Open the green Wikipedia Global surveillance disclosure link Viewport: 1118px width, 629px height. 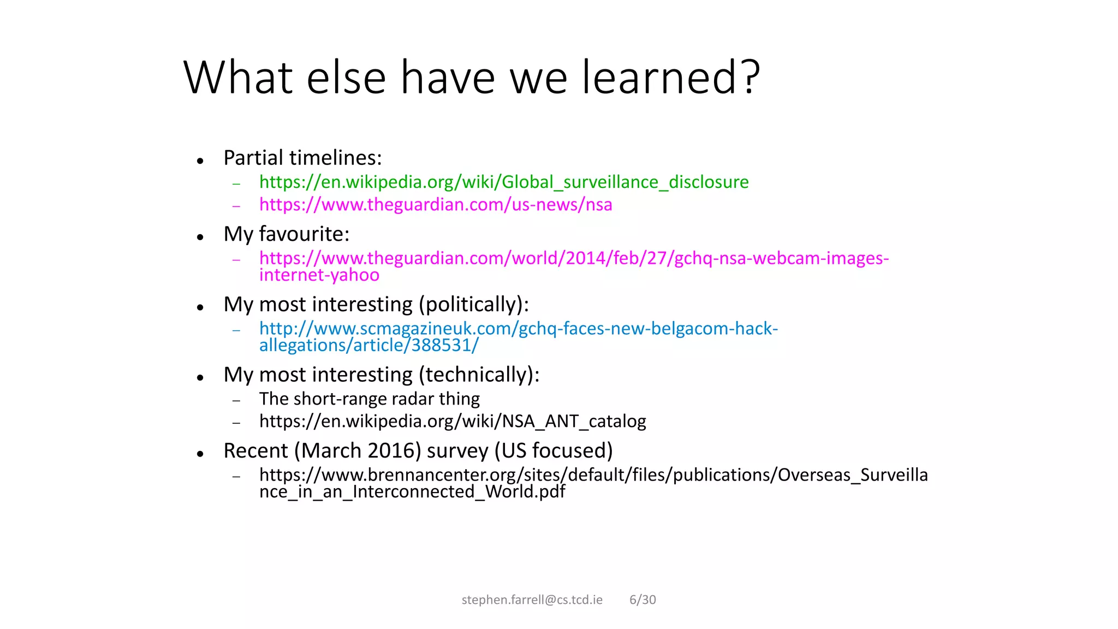coord(503,182)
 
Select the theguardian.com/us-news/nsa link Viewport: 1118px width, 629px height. coord(435,205)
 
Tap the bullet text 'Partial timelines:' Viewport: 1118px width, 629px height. coord(302,158)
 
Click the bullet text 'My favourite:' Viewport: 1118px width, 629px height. coord(286,234)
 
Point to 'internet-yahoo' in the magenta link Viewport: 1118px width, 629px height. coord(319,275)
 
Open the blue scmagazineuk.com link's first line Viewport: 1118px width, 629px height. coord(518,328)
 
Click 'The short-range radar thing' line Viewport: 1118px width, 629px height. coord(369,399)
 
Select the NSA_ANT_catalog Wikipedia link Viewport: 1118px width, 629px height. coord(452,422)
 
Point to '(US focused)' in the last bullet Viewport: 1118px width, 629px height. coord(553,450)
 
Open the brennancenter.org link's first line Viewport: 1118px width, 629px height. coord(593,475)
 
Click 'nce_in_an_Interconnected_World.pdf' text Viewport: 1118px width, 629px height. coord(412,492)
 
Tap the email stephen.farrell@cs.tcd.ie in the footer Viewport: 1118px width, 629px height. coord(532,600)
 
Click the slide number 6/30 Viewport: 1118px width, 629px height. coord(643,600)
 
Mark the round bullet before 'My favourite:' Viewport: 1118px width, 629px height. coord(200,237)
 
